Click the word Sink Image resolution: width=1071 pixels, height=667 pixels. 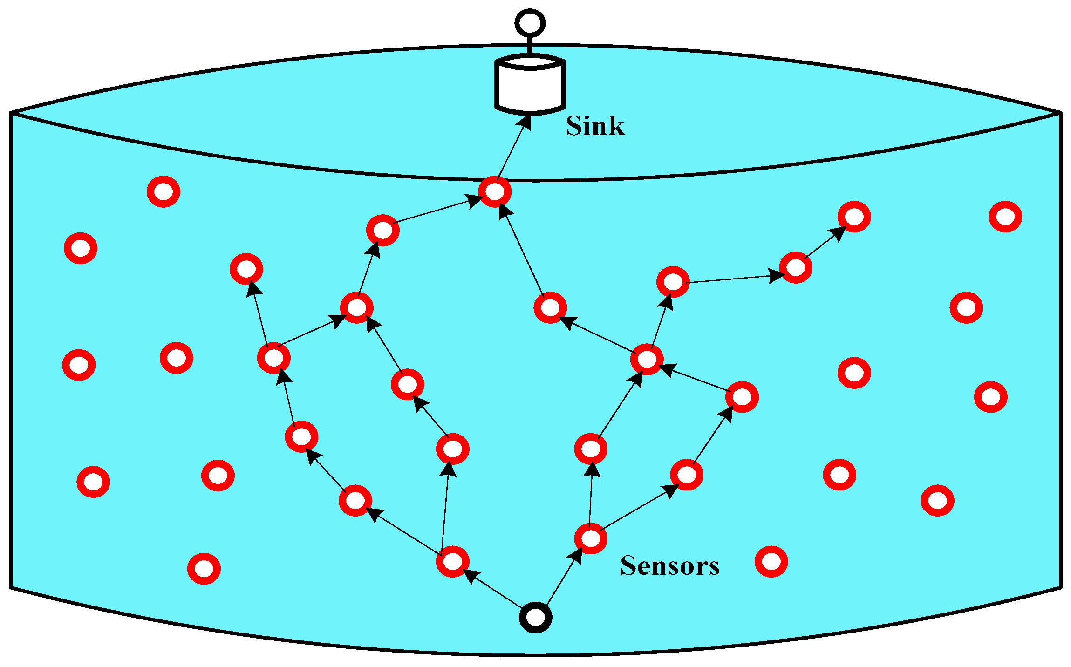[595, 126]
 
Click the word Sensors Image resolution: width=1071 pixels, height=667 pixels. [669, 566]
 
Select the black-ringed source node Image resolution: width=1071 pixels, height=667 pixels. [536, 618]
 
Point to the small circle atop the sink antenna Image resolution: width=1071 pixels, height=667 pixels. [530, 23]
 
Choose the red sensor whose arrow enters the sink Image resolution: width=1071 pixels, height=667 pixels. [495, 191]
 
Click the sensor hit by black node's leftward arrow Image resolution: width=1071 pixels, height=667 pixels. [452, 561]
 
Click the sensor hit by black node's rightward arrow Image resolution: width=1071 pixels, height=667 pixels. [591, 538]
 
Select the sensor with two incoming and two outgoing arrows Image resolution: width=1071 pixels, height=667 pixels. [647, 359]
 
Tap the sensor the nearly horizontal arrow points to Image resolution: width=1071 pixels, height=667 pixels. [796, 267]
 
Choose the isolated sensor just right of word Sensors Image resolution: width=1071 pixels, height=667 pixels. [771, 561]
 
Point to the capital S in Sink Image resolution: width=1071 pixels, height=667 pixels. [574, 126]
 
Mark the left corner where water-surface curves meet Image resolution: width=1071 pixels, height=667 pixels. [11, 113]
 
